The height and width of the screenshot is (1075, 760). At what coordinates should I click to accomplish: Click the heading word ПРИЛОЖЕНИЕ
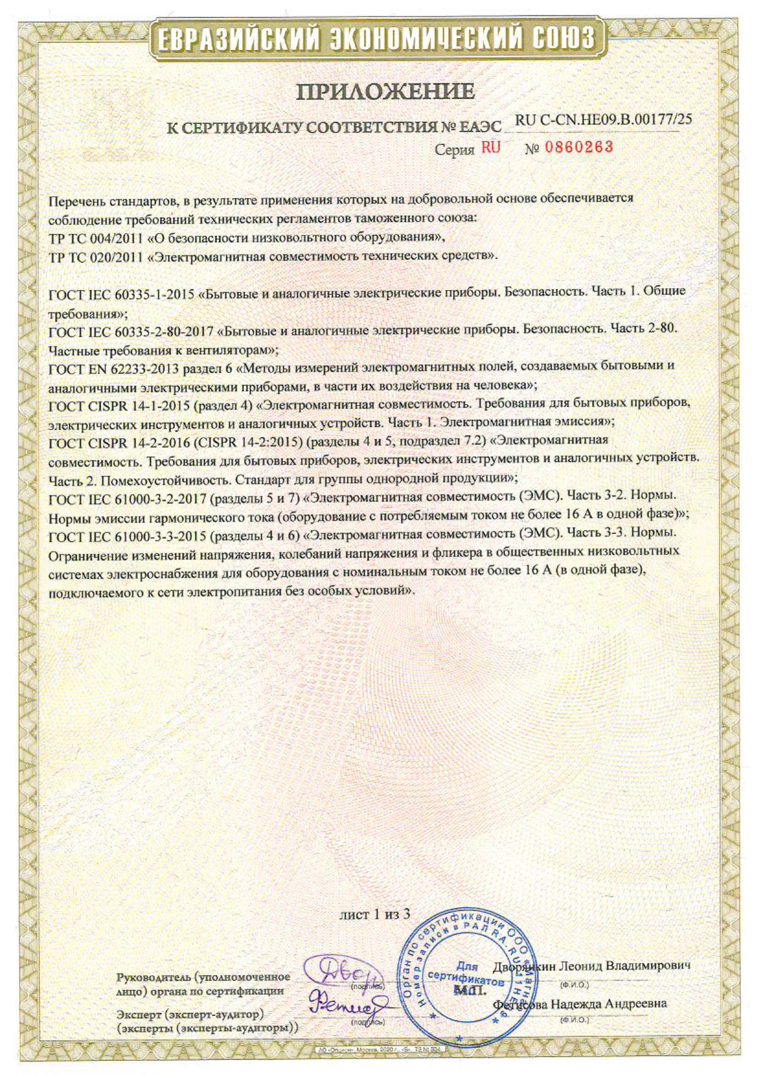(x=385, y=91)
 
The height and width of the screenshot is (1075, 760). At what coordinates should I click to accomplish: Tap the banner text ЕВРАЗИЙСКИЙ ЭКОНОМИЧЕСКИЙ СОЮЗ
(x=376, y=39)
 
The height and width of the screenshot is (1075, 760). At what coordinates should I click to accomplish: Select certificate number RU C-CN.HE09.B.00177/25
(x=603, y=120)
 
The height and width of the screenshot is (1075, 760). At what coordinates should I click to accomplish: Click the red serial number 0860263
(x=579, y=147)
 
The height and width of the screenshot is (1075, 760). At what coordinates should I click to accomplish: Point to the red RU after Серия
(x=490, y=148)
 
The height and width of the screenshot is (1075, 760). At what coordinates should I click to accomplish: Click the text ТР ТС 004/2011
(x=96, y=237)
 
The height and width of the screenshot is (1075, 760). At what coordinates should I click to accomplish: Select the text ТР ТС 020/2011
(x=96, y=256)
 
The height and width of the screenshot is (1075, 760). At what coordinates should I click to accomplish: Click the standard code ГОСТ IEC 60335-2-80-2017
(x=131, y=331)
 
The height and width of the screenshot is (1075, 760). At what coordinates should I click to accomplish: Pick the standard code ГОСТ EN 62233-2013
(x=113, y=368)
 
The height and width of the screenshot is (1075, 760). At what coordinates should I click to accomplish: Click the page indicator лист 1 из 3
(x=374, y=914)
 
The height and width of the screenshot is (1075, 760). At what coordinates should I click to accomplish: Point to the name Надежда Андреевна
(x=608, y=1004)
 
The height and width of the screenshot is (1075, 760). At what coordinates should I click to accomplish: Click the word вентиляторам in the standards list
(x=231, y=351)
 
